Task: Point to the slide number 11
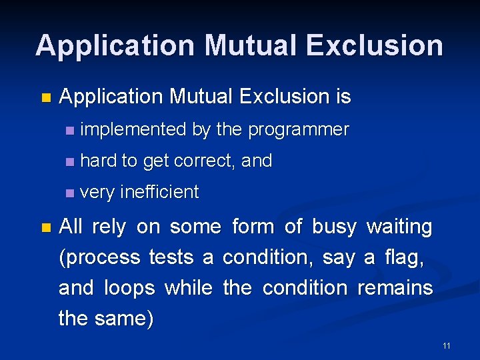pos(446,345)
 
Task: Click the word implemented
pos(133,129)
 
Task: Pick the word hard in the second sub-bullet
pos(97,161)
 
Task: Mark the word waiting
pos(399,227)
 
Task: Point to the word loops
pos(131,288)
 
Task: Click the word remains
pos(395,288)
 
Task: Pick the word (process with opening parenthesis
pos(100,257)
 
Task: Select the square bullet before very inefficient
pos(70,193)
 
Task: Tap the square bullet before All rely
pos(45,228)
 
